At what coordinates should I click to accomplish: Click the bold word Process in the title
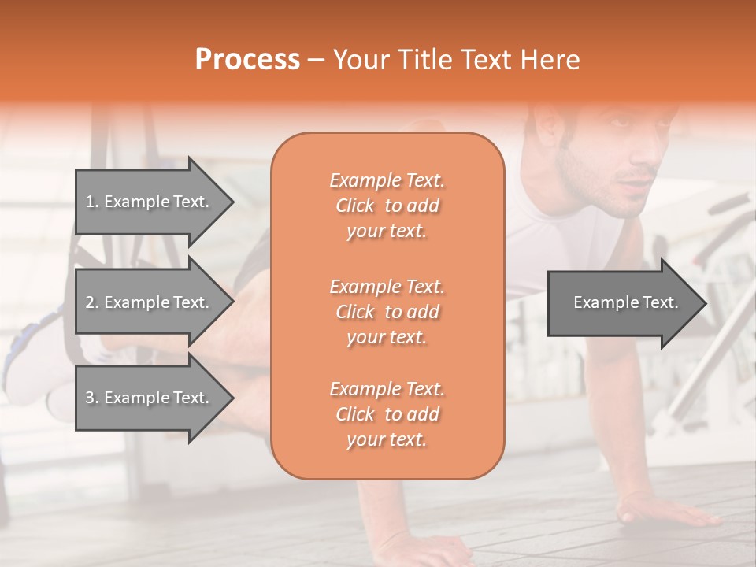pos(247,59)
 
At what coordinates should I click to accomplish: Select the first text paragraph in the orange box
pos(387,206)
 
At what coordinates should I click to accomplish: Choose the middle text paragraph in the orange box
pos(387,312)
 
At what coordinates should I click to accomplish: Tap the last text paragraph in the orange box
pos(387,414)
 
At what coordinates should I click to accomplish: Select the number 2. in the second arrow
pos(92,302)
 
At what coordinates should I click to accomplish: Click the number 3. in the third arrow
pos(92,398)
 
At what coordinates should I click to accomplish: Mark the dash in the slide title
pos(316,60)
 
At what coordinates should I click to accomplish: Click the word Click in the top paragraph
pos(355,206)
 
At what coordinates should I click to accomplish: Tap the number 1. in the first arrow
pos(92,202)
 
